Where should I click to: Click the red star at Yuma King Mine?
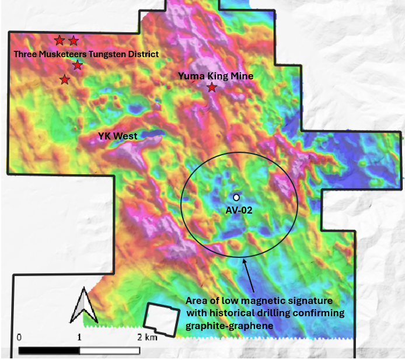[212, 88]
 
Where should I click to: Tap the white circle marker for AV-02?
[236, 198]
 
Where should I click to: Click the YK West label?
[117, 137]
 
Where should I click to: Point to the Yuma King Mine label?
[215, 75]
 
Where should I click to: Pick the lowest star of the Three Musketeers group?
[64, 79]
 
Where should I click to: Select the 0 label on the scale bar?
[20, 337]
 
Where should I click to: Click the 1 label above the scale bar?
[79, 337]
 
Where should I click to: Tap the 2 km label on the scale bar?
[148, 337]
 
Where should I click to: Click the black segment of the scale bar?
[50, 351]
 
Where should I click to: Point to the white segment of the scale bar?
[110, 351]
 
